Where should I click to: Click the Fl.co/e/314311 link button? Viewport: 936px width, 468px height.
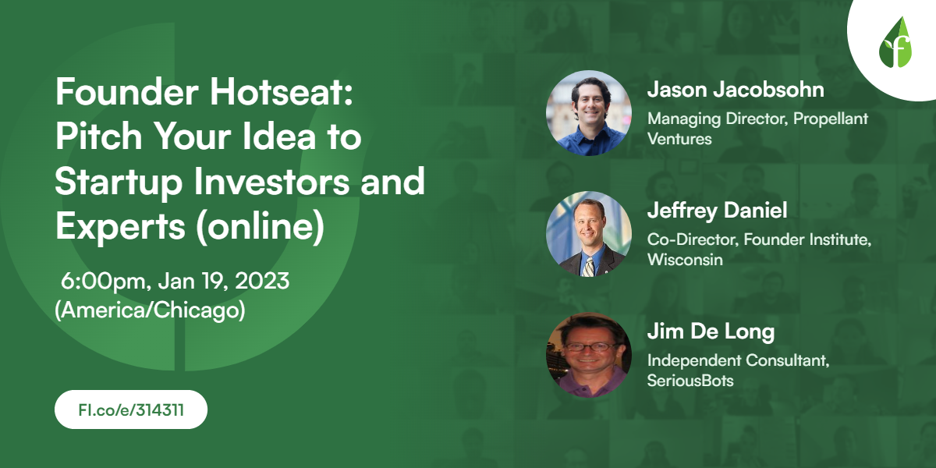131,409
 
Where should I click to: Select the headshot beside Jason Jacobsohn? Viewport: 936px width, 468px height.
589,113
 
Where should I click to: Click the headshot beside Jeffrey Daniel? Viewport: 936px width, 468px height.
589,234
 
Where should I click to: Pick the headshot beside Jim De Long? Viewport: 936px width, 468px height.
589,355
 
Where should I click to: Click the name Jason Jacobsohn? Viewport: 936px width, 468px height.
735,90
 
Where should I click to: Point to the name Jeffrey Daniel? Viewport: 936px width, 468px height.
718,211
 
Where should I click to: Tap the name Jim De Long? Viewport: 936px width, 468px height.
711,331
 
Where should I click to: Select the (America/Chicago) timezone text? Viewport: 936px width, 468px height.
151,310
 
